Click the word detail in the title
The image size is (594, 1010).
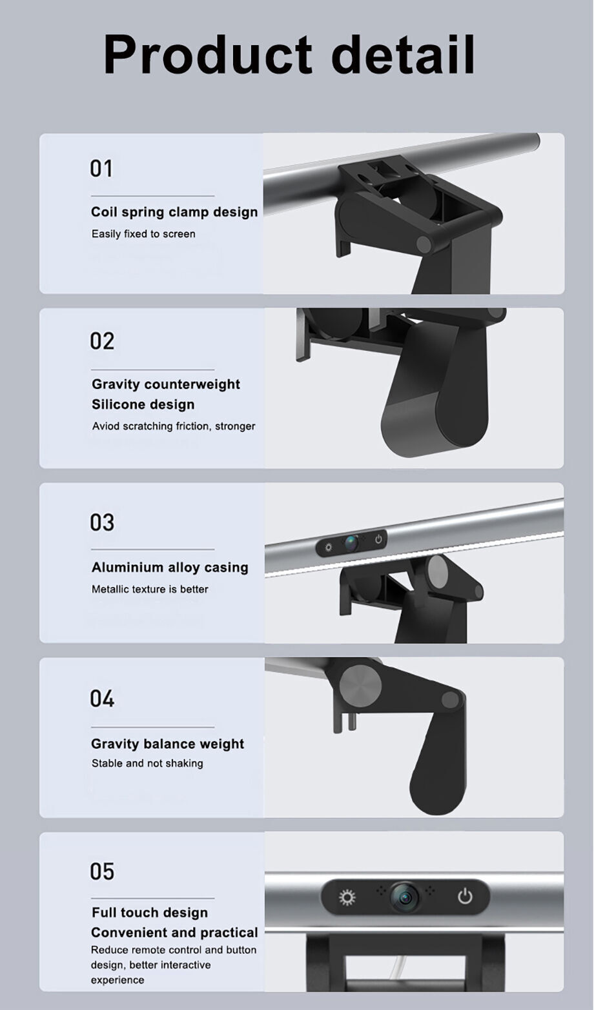(403, 54)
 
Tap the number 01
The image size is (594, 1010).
(101, 168)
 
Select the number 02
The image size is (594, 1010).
(102, 341)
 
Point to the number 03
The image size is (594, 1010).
(102, 522)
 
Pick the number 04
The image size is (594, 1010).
(102, 698)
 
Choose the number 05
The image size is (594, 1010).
(102, 871)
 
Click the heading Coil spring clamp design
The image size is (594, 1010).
(174, 212)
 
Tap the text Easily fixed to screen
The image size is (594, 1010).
(143, 234)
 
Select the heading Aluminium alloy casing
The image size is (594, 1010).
(170, 567)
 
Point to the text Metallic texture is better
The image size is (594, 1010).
(150, 589)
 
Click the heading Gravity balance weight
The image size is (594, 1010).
(167, 744)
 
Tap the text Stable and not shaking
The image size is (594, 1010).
(147, 764)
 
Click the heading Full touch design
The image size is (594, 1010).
(150, 913)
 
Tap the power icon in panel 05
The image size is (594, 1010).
(465, 896)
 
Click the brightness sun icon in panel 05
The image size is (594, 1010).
(347, 897)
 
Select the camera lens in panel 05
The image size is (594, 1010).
(405, 897)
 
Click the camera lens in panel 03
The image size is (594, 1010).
(351, 543)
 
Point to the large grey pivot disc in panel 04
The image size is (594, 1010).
(360, 686)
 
